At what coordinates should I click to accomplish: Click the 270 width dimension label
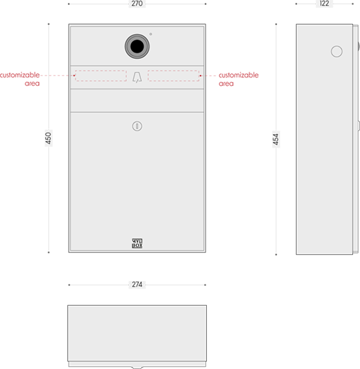137,4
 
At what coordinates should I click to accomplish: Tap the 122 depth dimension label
324,4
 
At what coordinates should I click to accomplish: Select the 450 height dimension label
48,138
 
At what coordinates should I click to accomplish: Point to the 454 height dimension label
276,139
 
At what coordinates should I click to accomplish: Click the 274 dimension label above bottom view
137,285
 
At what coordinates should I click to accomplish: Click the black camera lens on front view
137,46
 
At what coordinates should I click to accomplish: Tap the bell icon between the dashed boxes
137,77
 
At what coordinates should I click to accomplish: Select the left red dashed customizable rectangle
101,76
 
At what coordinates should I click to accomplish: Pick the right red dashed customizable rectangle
174,76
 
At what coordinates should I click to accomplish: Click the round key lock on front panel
137,126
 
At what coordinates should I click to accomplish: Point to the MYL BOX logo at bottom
137,243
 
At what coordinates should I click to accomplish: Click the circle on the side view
337,51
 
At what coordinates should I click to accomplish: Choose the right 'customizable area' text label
239,79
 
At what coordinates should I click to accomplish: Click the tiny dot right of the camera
151,34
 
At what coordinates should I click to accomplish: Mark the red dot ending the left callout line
74,75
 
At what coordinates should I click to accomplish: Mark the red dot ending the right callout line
201,76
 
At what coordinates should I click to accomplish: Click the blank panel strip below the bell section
137,100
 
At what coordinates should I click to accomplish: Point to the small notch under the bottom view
137,368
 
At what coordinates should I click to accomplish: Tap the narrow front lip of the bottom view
137,364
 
